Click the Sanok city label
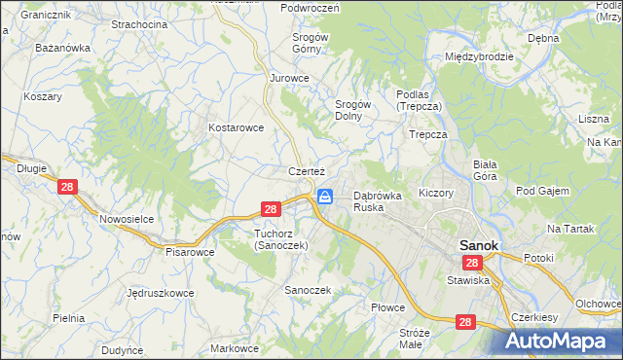[x=479, y=246]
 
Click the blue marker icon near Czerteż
[x=325, y=197]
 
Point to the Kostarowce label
[x=237, y=127]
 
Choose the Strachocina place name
[x=139, y=23]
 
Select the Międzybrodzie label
[x=478, y=56]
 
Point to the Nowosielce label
[x=127, y=219]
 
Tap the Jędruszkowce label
[x=160, y=292]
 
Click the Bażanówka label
[x=62, y=47]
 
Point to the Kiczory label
[x=435, y=193]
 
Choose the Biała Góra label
[x=485, y=170]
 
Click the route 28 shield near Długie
[x=67, y=188]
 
